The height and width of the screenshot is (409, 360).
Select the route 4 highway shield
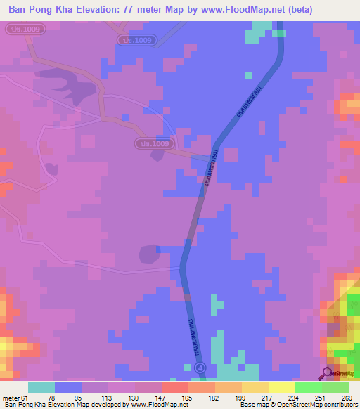point(201,368)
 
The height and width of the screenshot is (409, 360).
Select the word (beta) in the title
point(295,9)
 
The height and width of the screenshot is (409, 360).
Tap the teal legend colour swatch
point(41,387)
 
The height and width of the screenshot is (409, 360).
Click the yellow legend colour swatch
point(281,387)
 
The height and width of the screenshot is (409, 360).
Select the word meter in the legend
point(12,398)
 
